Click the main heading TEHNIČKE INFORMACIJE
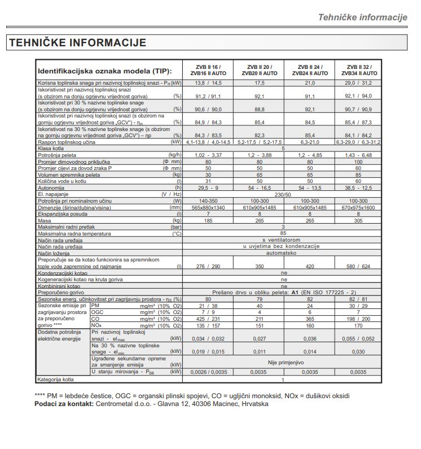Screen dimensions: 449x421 click(77, 42)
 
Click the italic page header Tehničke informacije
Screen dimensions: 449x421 click(362, 17)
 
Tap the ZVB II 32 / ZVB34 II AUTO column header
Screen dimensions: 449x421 click(358, 70)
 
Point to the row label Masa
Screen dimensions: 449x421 click(45, 220)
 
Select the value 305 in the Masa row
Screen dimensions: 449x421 click(358, 220)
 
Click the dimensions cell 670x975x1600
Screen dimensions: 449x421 click(358, 208)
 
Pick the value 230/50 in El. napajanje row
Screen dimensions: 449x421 click(284, 194)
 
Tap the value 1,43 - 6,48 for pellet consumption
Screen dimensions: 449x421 click(358, 154)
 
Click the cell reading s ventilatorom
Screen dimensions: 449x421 click(284, 240)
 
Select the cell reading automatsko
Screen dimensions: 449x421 click(284, 253)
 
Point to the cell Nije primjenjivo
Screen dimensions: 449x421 click(284, 363)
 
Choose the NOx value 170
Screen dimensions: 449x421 click(358, 325)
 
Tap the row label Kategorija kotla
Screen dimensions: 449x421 click(55, 379)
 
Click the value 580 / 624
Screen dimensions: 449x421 click(358, 266)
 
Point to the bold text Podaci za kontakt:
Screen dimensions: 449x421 click(63, 404)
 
